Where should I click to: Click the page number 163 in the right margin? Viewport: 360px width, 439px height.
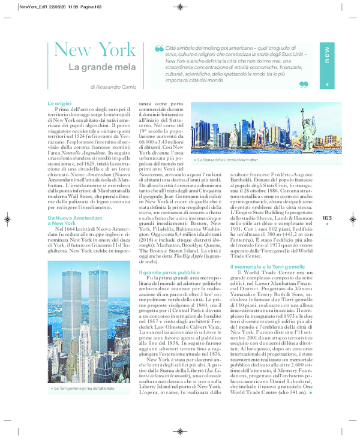click(327, 218)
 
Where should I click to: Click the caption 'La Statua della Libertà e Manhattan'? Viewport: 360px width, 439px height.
click(227, 160)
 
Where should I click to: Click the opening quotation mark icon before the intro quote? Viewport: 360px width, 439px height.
click(159, 49)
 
